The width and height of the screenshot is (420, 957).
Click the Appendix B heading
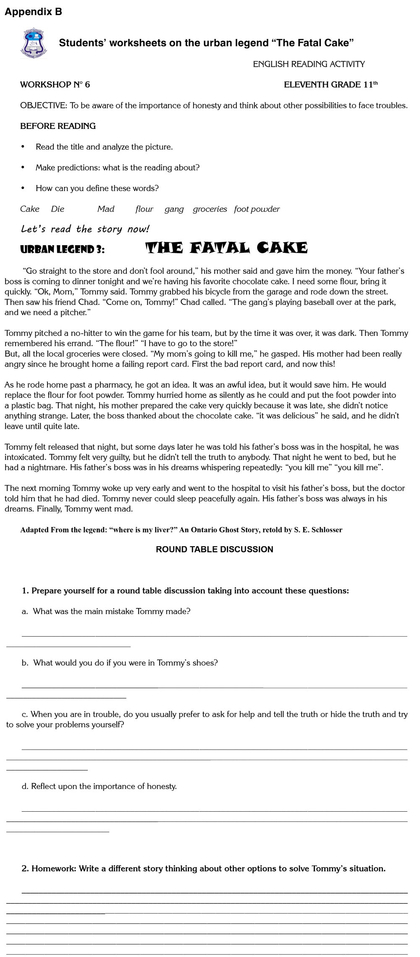[33, 12]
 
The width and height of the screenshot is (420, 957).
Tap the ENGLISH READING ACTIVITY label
[309, 64]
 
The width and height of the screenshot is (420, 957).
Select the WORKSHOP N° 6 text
[55, 85]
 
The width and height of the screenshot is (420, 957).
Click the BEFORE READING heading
[58, 126]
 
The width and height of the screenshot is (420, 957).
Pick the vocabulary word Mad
[106, 209]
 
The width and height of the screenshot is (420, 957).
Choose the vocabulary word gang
[174, 209]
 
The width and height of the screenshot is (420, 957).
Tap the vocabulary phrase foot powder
[257, 209]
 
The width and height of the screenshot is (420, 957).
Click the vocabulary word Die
[58, 209]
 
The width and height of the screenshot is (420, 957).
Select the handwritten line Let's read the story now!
[85, 229]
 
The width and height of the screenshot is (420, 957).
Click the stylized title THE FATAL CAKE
[226, 248]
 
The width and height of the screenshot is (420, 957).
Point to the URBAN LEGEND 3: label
[63, 249]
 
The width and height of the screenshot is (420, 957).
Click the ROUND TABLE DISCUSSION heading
[214, 549]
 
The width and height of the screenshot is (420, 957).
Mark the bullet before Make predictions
[23, 168]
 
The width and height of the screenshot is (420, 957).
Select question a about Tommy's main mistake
[106, 611]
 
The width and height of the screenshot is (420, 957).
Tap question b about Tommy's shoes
[120, 663]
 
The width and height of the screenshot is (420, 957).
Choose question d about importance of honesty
[100, 786]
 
